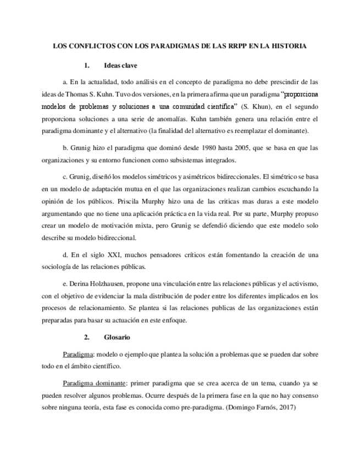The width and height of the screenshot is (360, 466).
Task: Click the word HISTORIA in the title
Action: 287,46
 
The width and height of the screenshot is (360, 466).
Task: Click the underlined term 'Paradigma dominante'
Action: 95,383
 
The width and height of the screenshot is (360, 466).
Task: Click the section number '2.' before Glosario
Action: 86,336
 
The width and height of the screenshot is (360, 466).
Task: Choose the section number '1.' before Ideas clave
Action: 86,65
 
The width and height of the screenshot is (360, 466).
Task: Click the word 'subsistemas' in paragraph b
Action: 183,160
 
